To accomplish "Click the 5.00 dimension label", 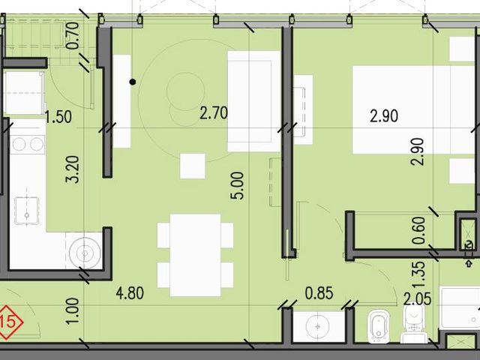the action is pyautogui.click(x=238, y=186).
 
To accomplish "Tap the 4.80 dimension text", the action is pyautogui.click(x=130, y=293).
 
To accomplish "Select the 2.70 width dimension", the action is pyautogui.click(x=214, y=112).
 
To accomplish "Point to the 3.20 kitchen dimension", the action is pyautogui.click(x=73, y=169).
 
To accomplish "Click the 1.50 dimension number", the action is pyautogui.click(x=58, y=117).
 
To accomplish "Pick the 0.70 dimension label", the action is pyautogui.click(x=73, y=36).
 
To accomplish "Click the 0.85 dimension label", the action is pyautogui.click(x=319, y=293).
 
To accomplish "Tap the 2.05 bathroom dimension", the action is pyautogui.click(x=417, y=298).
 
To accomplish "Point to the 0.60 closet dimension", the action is pyautogui.click(x=418, y=230).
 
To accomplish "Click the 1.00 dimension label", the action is pyautogui.click(x=73, y=311).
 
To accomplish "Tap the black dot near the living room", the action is pyautogui.click(x=133, y=82).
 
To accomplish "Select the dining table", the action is pyautogui.click(x=195, y=255).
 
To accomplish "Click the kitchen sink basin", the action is pyautogui.click(x=27, y=211).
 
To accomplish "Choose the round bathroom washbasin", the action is pyautogui.click(x=318, y=326).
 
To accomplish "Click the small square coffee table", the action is pyautogui.click(x=193, y=166).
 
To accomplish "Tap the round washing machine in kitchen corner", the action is pyautogui.click(x=85, y=253).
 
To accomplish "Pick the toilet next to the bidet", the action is pyautogui.click(x=413, y=325).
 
